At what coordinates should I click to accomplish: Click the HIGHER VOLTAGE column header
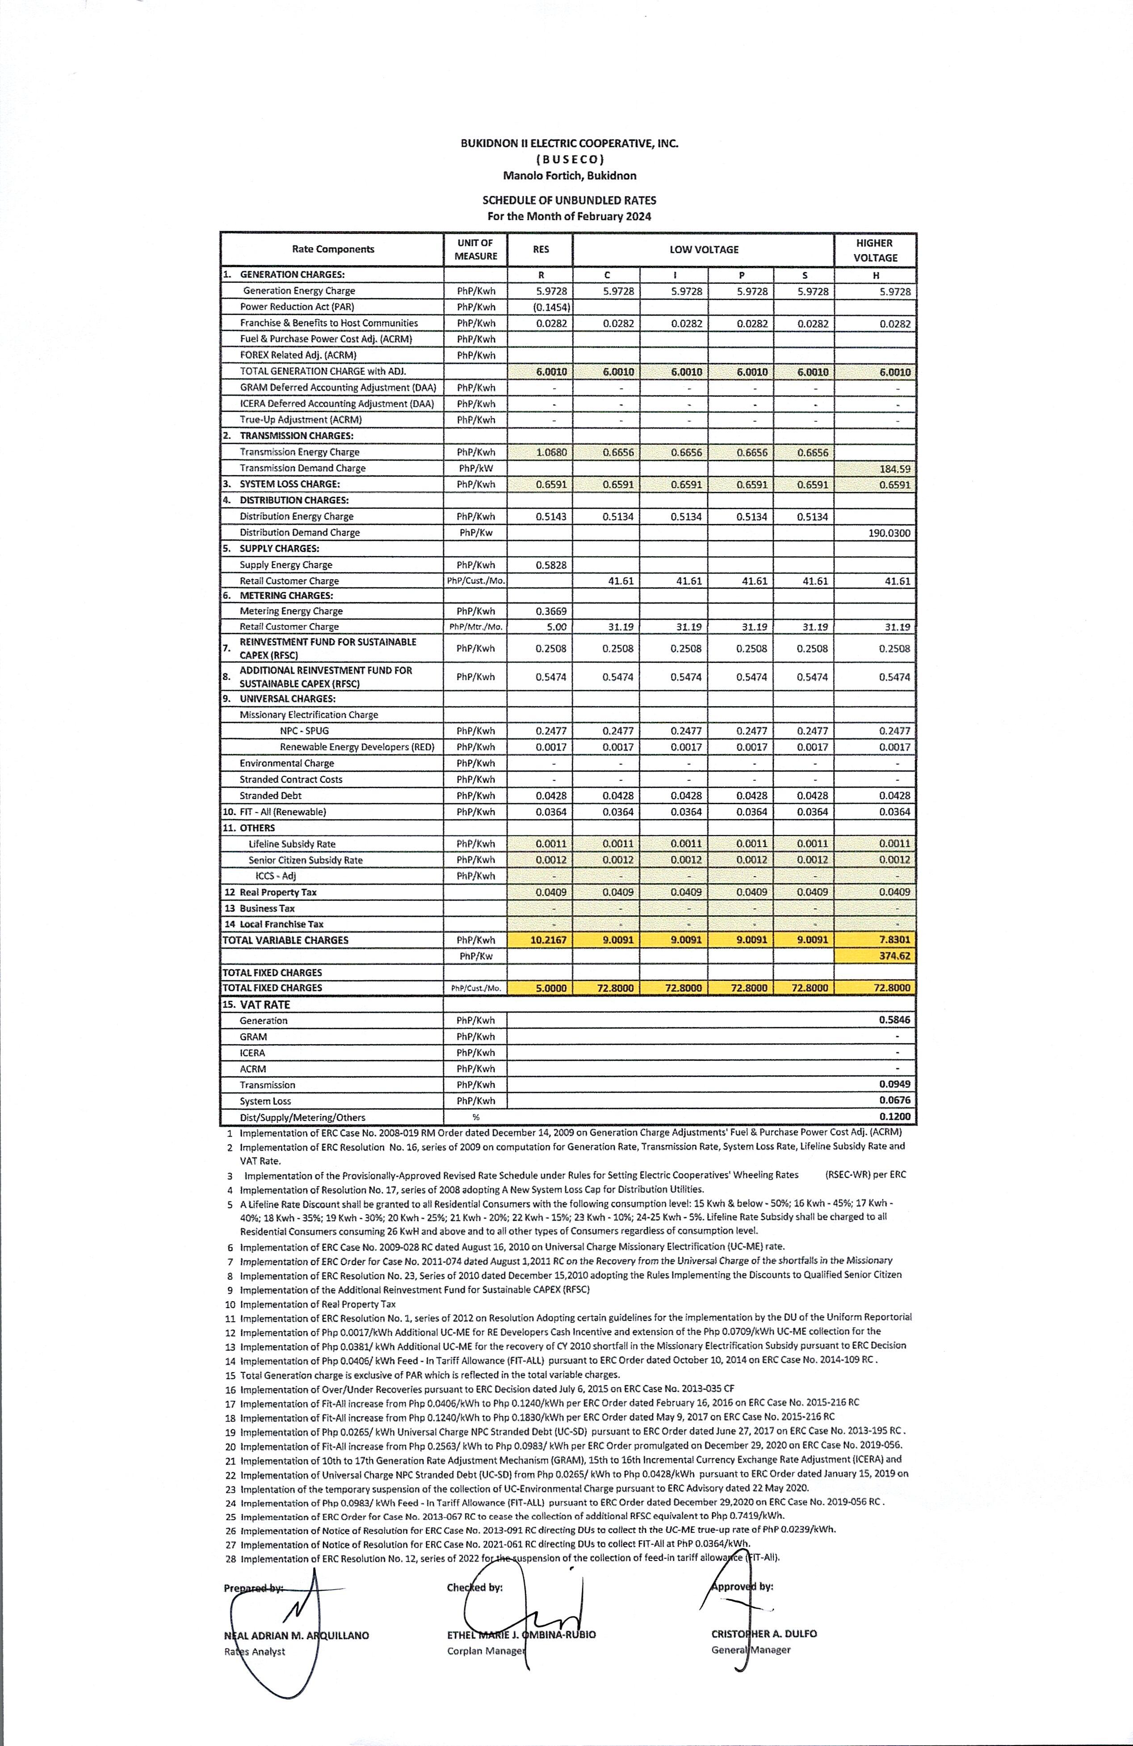point(875,250)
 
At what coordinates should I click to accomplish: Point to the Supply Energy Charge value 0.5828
point(551,565)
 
